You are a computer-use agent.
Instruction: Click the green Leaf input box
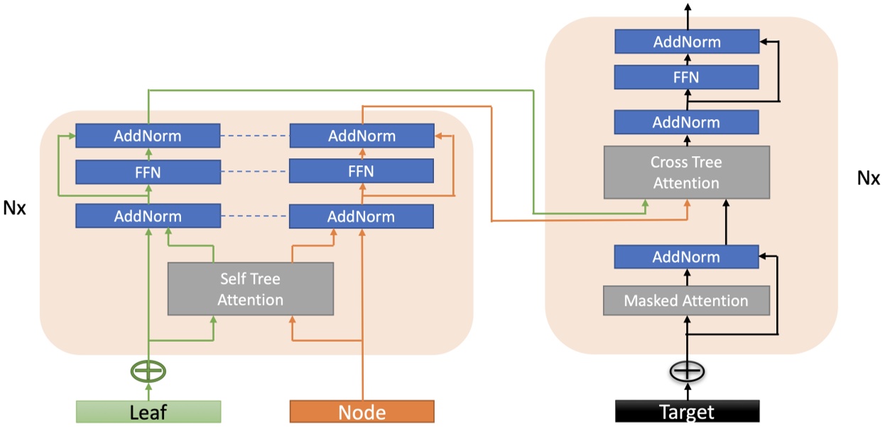(x=148, y=411)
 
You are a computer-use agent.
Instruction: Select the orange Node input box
(x=362, y=411)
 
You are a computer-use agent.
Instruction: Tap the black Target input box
(x=687, y=411)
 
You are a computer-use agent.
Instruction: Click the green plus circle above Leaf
(x=148, y=370)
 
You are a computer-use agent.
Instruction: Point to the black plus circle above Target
(x=687, y=371)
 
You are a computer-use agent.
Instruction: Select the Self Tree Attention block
(x=250, y=289)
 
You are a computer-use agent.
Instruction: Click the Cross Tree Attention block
(x=686, y=172)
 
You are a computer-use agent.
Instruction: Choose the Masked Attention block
(x=686, y=301)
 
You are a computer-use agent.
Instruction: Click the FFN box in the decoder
(x=686, y=77)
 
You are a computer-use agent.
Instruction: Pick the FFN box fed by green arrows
(x=148, y=171)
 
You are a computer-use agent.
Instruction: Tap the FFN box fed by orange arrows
(x=362, y=171)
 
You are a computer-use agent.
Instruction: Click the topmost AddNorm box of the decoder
(x=686, y=42)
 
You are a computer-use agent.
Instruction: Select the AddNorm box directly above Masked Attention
(x=686, y=257)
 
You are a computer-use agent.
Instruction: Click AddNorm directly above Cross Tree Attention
(x=686, y=122)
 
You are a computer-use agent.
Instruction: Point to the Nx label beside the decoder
(x=868, y=177)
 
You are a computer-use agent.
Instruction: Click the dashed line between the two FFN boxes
(x=254, y=171)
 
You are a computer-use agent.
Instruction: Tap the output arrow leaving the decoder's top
(x=687, y=10)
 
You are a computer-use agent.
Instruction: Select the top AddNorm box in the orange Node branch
(x=362, y=135)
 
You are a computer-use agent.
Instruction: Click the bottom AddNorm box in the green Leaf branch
(x=148, y=216)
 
